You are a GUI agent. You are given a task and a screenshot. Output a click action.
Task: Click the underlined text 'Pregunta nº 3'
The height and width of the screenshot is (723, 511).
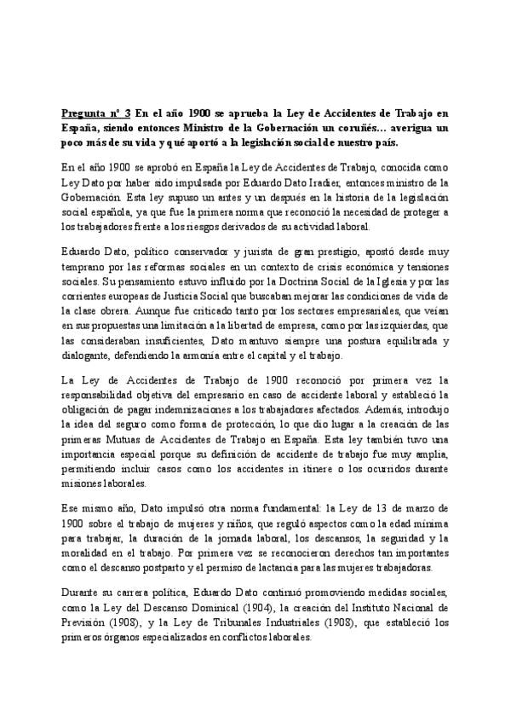click(x=95, y=113)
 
